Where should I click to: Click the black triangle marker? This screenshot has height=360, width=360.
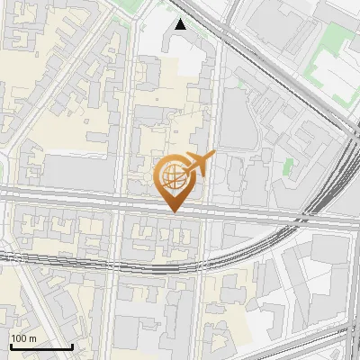[181, 24]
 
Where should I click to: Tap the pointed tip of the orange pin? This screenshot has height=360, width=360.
[173, 212]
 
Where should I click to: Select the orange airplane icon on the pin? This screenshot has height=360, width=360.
[200, 163]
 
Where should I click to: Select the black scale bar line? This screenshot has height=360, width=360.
[40, 346]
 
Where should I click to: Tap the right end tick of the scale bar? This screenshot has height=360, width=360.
[72, 345]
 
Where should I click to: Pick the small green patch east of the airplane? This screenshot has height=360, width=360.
[288, 166]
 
